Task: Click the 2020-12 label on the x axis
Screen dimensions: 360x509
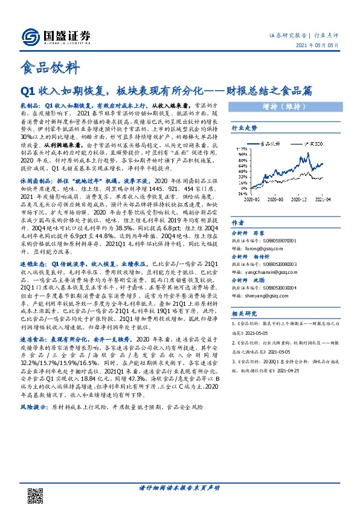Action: [301, 215]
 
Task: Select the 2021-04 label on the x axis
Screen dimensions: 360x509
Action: [324, 215]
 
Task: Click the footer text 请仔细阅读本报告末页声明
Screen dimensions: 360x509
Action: [179, 487]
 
